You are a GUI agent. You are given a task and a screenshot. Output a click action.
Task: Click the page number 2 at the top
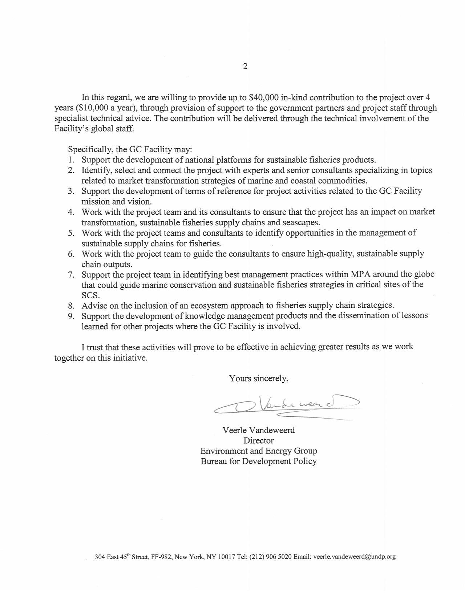tap(245, 66)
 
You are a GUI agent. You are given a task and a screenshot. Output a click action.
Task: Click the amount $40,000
tap(264, 97)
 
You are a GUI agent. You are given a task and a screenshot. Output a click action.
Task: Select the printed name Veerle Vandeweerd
tap(258, 430)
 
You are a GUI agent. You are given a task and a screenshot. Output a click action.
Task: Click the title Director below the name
tap(258, 441)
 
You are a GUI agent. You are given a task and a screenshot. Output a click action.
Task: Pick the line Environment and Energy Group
tap(258, 451)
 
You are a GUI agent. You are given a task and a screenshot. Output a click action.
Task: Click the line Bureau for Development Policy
tap(258, 461)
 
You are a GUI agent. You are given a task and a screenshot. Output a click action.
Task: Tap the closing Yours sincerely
tap(258, 378)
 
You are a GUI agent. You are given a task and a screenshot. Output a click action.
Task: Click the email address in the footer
tap(354, 556)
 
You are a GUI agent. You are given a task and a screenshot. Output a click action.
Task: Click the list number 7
tap(71, 274)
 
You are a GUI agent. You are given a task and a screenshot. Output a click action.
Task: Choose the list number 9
tap(71, 316)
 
